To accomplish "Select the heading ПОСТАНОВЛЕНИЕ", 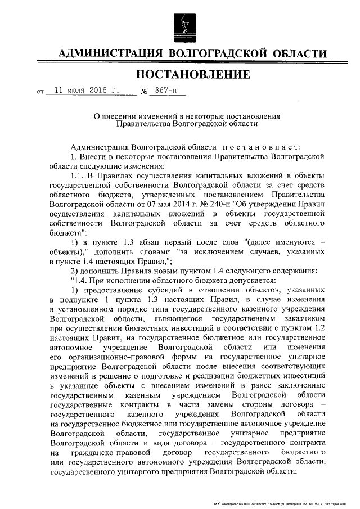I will [192, 75].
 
